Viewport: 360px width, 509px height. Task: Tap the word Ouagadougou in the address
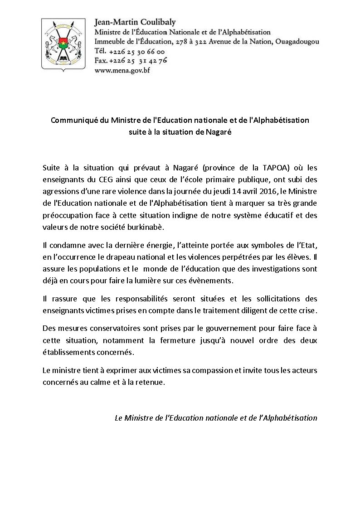click(297, 41)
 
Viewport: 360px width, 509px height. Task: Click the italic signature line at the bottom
click(216, 417)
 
